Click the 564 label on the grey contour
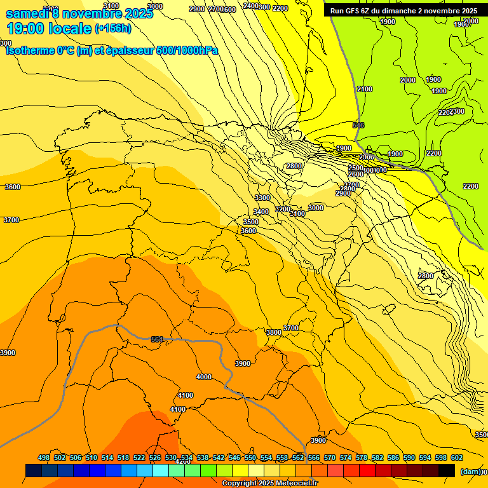click(157, 339)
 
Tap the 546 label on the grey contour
click(358, 125)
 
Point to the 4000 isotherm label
click(204, 377)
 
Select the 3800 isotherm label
click(274, 332)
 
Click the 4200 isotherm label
click(182, 461)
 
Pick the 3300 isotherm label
click(262, 198)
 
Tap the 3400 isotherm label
click(261, 212)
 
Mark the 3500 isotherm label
click(251, 221)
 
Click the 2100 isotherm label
click(365, 89)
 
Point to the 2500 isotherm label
click(356, 168)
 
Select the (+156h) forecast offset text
click(114, 29)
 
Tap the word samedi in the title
click(26, 13)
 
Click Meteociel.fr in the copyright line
click(293, 484)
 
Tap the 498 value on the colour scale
click(44, 457)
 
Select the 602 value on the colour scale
click(457, 457)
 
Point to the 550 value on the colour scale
click(250, 457)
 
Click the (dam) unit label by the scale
click(470, 471)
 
